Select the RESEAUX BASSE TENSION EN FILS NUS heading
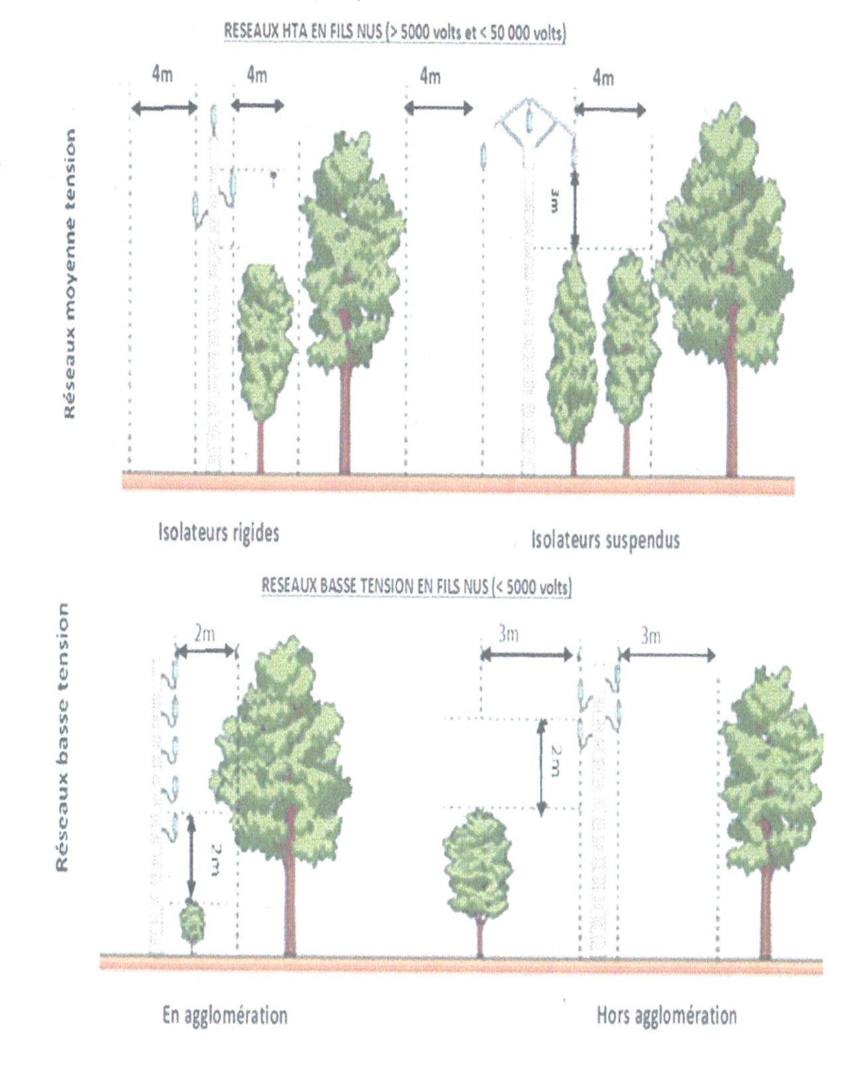(416, 587)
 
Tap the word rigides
(256, 533)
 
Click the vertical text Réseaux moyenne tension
(70, 274)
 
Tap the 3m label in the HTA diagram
(554, 201)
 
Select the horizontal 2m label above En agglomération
(204, 634)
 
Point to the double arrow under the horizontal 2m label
(206, 651)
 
